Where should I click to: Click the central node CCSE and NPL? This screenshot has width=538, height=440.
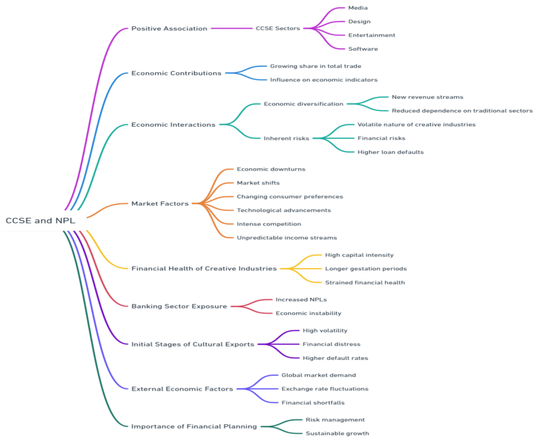click(x=41, y=221)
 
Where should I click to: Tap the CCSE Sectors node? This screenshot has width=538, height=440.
click(x=278, y=28)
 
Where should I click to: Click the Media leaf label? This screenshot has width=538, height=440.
click(x=358, y=8)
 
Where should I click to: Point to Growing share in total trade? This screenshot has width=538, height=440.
click(x=315, y=66)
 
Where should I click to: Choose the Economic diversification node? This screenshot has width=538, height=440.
click(x=303, y=104)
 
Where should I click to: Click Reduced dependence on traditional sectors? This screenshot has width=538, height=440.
click(x=462, y=111)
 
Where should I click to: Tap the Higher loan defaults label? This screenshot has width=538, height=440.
click(x=390, y=152)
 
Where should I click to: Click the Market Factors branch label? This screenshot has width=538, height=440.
click(x=160, y=203)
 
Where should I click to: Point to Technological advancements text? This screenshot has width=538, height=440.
click(x=284, y=210)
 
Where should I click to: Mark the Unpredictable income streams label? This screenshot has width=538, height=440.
click(x=287, y=238)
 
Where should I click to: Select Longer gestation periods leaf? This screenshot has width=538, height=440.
click(x=366, y=269)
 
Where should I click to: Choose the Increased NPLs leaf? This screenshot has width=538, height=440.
click(x=301, y=300)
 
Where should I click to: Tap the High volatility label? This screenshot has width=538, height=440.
click(x=325, y=331)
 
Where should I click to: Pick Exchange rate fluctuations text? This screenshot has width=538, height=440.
click(x=325, y=389)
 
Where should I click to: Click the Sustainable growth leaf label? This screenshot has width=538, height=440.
click(x=337, y=433)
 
